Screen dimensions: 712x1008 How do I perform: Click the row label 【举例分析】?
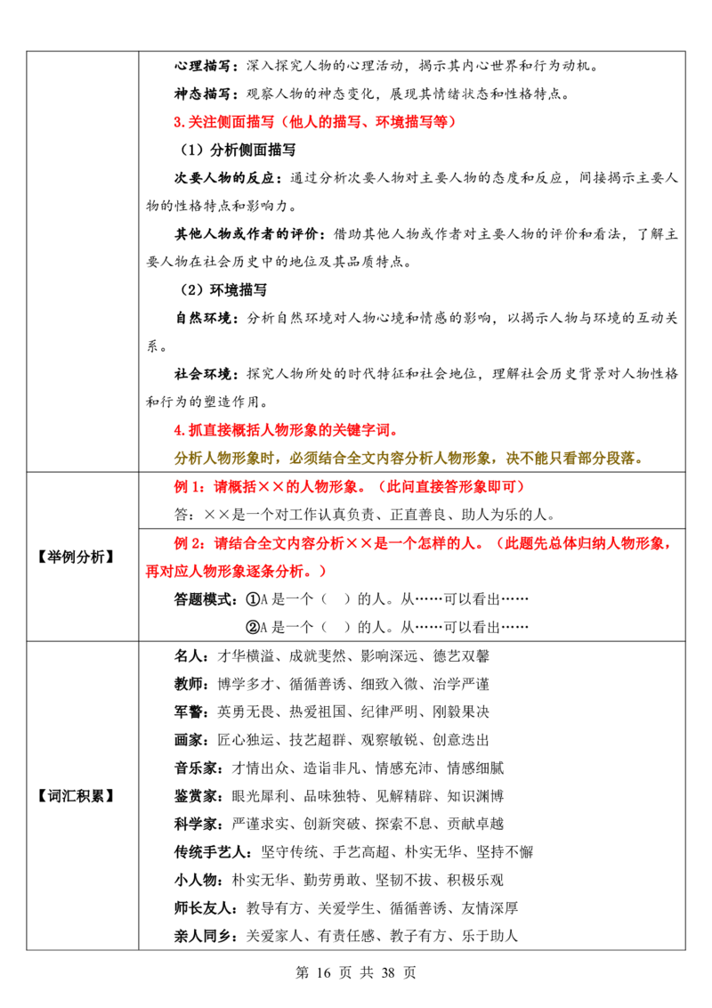[76, 557]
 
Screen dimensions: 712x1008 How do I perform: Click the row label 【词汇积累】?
[76, 796]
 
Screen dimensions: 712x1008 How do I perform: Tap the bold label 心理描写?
[202, 66]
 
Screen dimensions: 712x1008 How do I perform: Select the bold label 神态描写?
[202, 93]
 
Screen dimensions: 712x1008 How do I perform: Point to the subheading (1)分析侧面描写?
[238, 150]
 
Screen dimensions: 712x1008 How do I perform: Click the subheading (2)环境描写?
[223, 290]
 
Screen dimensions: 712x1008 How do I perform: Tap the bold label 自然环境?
[202, 318]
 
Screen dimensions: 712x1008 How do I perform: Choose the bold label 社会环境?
[202, 374]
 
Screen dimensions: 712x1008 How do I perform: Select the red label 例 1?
[190, 487]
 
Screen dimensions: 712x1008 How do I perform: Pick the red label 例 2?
[190, 543]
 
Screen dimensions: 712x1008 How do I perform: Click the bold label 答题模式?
[202, 599]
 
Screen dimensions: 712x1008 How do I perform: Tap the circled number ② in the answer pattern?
[253, 627]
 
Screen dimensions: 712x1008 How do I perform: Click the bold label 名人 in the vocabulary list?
[189, 655]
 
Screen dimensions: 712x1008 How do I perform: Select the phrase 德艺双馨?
[461, 655]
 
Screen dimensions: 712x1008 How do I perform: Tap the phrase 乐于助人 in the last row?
[489, 936]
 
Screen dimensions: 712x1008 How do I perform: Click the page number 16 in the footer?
[324, 972]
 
